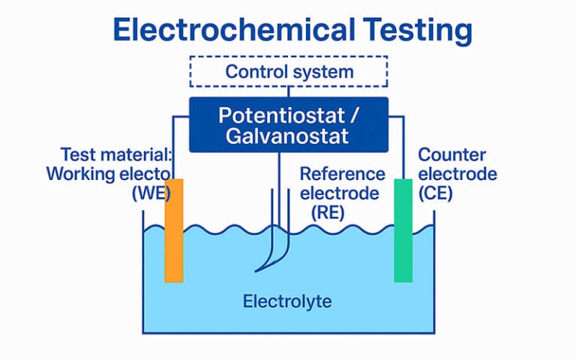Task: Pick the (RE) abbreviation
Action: point(327,211)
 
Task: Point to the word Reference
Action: point(342,174)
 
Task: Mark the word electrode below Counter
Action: point(457,174)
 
